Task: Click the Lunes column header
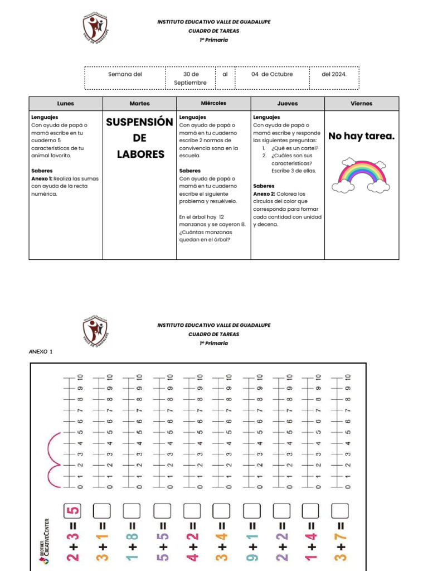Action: (x=65, y=104)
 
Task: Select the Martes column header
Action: (x=139, y=104)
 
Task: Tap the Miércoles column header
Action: (x=213, y=104)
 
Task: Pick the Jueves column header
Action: (x=288, y=104)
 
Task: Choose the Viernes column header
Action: (x=362, y=104)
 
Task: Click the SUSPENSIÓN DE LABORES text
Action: (x=140, y=138)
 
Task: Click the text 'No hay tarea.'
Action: (x=362, y=136)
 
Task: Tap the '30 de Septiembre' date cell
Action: (x=190, y=78)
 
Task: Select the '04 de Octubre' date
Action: (x=272, y=74)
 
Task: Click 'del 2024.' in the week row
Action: (x=334, y=74)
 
